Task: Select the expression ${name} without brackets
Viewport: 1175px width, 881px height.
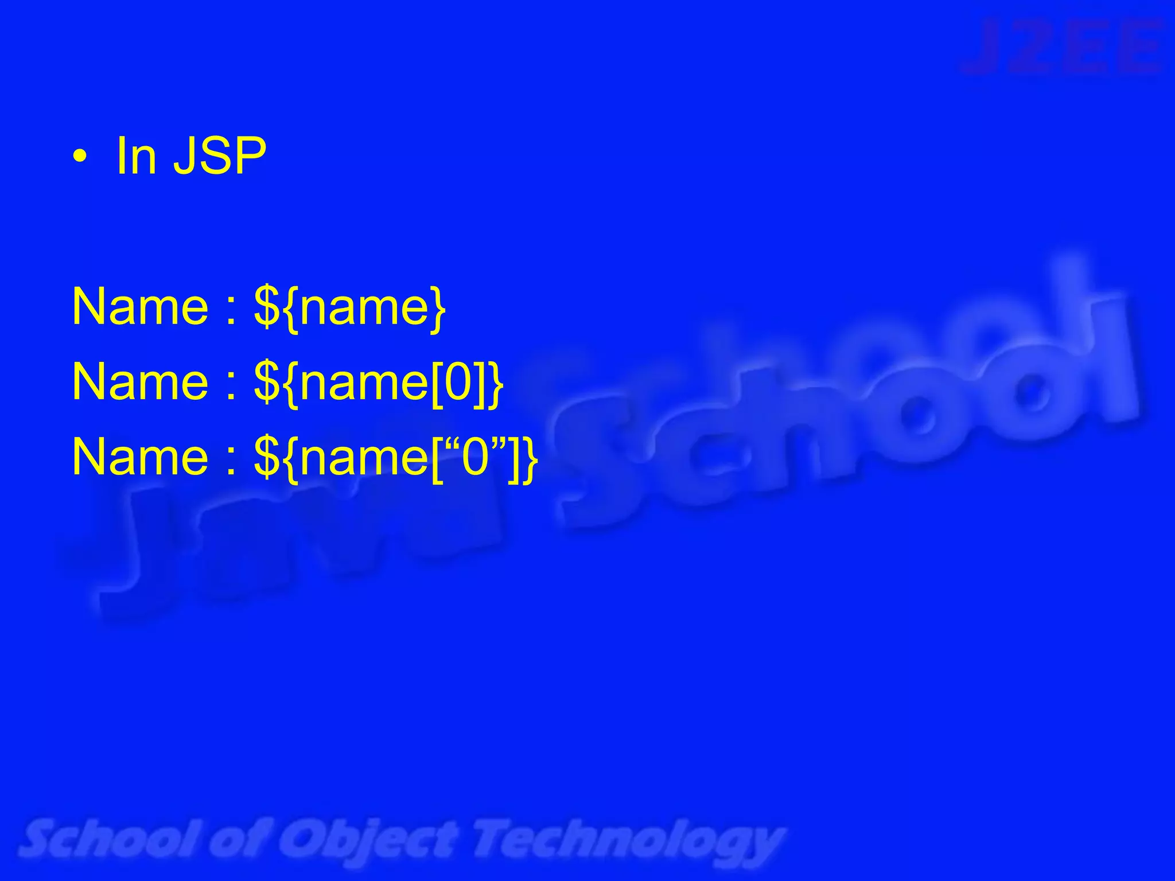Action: (x=349, y=308)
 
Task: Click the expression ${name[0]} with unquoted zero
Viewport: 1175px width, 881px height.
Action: (x=379, y=383)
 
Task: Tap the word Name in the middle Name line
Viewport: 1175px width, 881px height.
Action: (x=140, y=382)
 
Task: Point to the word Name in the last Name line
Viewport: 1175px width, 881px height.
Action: (x=140, y=457)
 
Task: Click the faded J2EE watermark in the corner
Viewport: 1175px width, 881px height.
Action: (x=1064, y=47)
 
